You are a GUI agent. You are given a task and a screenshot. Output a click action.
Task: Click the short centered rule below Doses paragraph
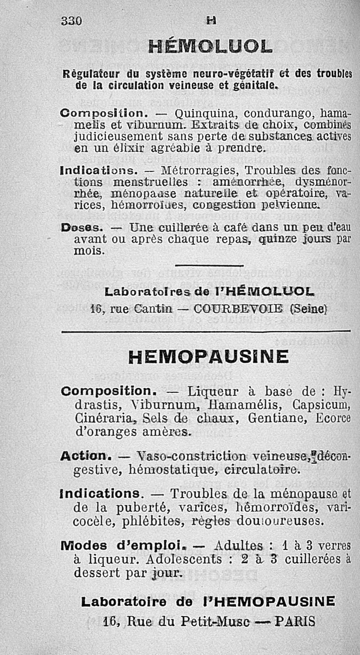[209, 266]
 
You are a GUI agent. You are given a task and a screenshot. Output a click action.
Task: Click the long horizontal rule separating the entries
[205, 332]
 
